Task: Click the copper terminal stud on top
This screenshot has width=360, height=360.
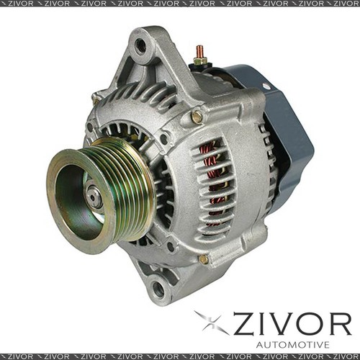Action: point(200,52)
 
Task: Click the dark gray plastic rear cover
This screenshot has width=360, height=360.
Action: point(284,130)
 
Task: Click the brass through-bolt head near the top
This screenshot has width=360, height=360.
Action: point(196,116)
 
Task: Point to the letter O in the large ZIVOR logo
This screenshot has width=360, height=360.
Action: point(310,325)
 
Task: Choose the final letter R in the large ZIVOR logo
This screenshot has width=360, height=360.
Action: point(339,325)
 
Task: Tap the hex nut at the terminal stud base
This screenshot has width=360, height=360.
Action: point(199,62)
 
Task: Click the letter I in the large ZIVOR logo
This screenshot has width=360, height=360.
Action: point(262,325)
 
